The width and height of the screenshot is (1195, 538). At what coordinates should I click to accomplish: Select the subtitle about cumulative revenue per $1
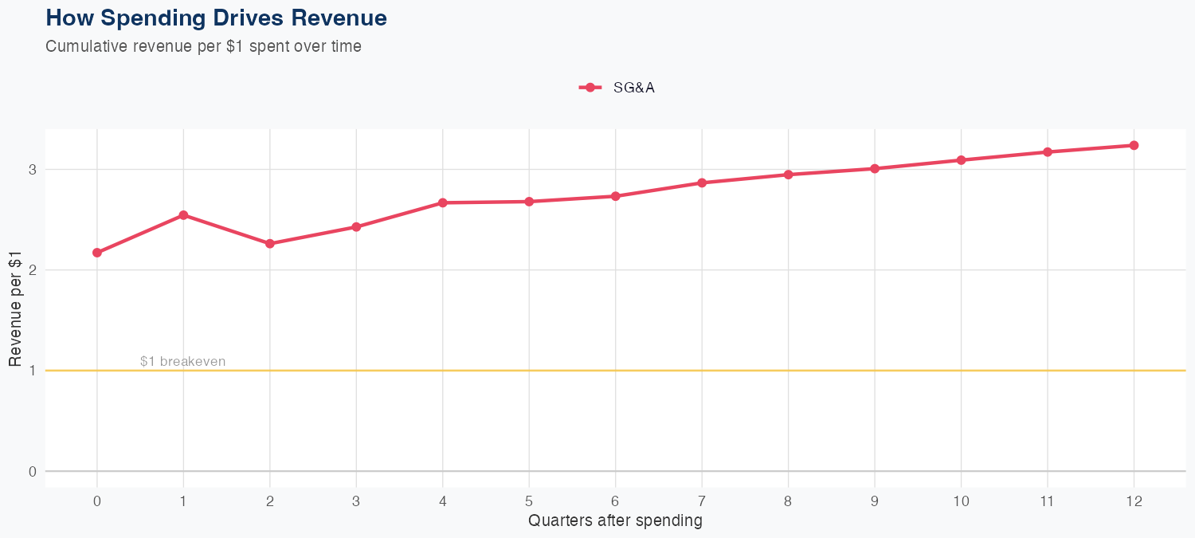click(x=203, y=46)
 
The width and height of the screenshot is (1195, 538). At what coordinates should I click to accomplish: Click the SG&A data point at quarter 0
click(x=97, y=253)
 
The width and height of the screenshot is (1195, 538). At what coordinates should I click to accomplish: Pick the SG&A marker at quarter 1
click(x=183, y=215)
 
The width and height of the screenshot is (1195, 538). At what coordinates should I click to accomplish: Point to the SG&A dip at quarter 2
click(x=270, y=244)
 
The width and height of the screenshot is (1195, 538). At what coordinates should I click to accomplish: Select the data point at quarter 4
click(x=443, y=203)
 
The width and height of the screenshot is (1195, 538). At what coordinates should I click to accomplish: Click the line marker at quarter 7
click(x=702, y=183)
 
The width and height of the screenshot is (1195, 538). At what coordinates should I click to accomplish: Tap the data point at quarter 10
click(x=961, y=160)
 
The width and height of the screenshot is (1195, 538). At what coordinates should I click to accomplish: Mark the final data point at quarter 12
click(x=1134, y=145)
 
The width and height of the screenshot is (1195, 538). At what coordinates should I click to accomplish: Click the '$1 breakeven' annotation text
click(x=182, y=361)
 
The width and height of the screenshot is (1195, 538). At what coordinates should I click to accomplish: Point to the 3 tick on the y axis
click(x=33, y=169)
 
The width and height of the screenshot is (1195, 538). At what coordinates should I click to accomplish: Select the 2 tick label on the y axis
click(x=33, y=270)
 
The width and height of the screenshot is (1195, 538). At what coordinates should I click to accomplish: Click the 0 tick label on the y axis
click(x=33, y=471)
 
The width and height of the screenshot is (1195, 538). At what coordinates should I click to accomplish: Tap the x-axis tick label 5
click(x=529, y=501)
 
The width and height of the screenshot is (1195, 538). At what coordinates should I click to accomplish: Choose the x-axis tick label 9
click(x=875, y=501)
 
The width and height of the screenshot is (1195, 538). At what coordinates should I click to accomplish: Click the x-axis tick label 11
click(x=1047, y=501)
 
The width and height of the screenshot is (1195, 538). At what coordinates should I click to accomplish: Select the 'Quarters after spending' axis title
click(x=615, y=521)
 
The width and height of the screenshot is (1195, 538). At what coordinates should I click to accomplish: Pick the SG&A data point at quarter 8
click(x=788, y=175)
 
